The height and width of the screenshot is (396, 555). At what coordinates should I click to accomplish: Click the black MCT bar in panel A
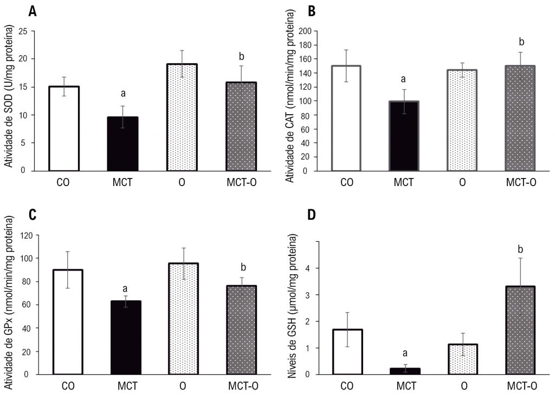[x=123, y=143]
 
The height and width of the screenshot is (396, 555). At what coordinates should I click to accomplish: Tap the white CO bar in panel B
[x=346, y=118]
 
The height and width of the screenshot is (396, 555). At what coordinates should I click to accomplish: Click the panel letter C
[x=33, y=214]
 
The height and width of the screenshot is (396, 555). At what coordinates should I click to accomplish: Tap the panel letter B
[x=312, y=11]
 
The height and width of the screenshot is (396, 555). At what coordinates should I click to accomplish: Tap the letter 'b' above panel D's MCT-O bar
[x=520, y=249]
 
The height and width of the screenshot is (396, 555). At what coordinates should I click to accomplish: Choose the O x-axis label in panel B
[x=462, y=182]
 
